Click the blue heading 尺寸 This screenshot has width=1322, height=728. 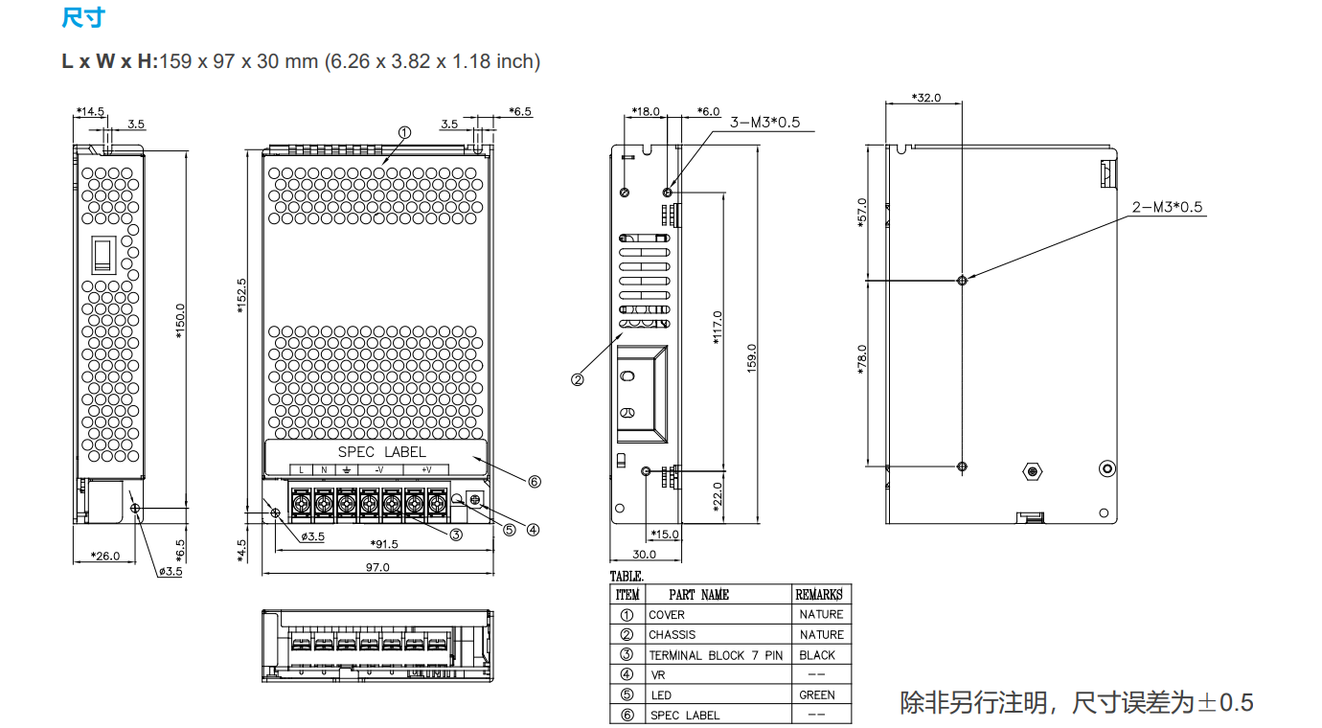click(82, 17)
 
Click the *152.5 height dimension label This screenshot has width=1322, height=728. click(241, 296)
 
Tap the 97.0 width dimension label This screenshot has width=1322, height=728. click(377, 567)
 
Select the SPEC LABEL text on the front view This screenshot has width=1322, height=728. click(382, 452)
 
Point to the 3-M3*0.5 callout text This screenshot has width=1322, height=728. click(764, 122)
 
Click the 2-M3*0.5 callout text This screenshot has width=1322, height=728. click(1167, 207)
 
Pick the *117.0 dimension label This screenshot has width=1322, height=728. click(718, 328)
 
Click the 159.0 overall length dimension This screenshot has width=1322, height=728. click(751, 358)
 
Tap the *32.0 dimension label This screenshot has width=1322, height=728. click(926, 98)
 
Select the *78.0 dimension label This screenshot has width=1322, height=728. click(861, 360)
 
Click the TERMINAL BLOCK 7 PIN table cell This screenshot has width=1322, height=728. click(716, 655)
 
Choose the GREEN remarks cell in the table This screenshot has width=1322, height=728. click(817, 695)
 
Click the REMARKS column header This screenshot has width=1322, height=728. click(818, 594)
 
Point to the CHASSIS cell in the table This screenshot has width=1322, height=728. click(672, 635)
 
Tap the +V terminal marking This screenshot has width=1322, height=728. click(426, 469)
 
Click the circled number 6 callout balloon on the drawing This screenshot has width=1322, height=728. click(535, 482)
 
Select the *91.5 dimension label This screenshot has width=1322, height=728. click(384, 544)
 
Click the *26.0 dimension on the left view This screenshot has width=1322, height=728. click(105, 556)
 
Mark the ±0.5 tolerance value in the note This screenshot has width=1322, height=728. click(1226, 703)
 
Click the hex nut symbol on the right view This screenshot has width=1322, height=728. click(1033, 471)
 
